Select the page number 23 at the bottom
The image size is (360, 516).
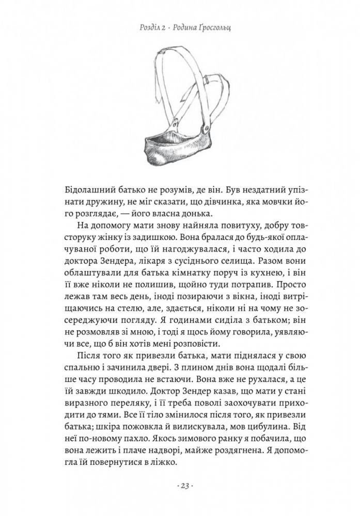[180, 487]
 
